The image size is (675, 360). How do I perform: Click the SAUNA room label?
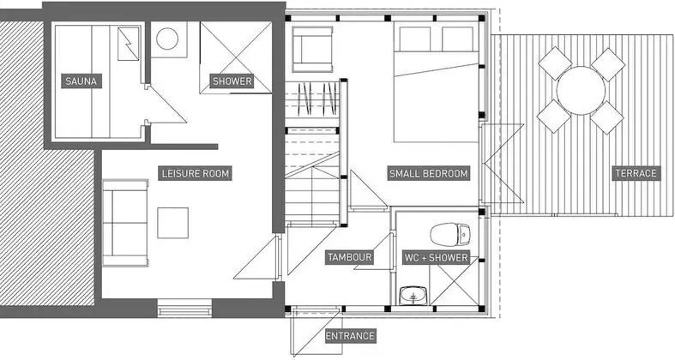point(81,81)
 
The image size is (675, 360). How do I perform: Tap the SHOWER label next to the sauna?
point(232,81)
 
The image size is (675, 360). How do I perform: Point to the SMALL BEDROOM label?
point(428,174)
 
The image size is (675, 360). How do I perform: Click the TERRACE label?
point(636,173)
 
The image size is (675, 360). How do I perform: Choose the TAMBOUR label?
point(349,258)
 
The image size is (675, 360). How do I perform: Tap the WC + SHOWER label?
point(436,258)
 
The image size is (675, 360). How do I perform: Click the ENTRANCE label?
point(350,336)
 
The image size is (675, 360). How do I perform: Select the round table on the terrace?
point(581,91)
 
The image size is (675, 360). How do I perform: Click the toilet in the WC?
point(450,234)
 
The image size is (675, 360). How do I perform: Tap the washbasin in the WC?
point(413,297)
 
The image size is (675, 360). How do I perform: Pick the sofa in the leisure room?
point(125,223)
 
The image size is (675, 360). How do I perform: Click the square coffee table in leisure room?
point(172,223)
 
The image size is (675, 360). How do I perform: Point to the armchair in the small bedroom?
point(312,49)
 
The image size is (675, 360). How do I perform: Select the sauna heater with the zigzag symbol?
point(129,43)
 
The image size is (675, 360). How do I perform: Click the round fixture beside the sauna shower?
point(167,39)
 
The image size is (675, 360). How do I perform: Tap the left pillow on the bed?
point(415,39)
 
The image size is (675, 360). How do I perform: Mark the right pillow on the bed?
point(458,39)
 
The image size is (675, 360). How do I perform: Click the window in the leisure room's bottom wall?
point(184,308)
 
